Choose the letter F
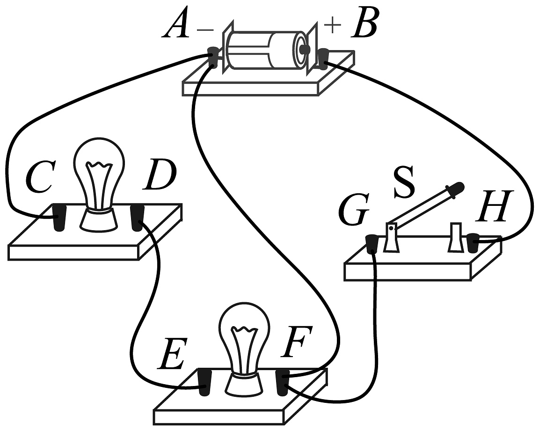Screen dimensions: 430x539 293,344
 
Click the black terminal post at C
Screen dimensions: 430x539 58,218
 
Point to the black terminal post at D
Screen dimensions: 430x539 137,218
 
